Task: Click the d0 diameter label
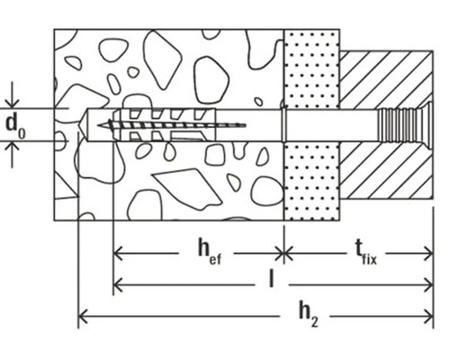14,125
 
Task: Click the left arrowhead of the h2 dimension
85,314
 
